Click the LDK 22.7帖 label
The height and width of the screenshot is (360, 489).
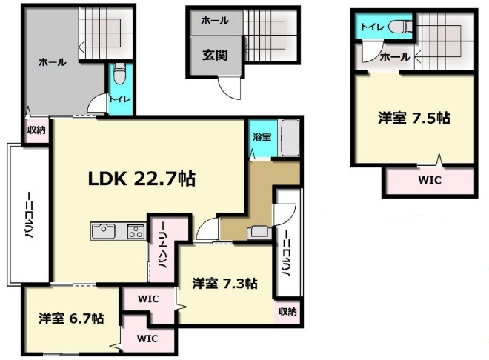pos(142,179)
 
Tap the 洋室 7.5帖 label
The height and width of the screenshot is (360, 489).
pos(414,119)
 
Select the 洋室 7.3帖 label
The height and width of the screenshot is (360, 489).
pos(224,284)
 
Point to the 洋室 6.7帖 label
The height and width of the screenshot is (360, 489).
pos(71,319)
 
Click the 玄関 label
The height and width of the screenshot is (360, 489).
pos(215,55)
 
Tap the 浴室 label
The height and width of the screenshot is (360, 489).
pos(262,136)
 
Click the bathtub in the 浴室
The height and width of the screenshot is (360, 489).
pos(290,138)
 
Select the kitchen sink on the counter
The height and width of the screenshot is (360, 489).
pos(103,231)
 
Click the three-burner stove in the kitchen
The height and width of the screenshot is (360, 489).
pos(136,231)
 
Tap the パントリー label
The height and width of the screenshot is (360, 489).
pos(164,245)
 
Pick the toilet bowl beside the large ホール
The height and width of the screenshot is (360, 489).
pos(119,74)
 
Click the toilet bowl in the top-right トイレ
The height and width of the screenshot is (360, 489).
pos(400,26)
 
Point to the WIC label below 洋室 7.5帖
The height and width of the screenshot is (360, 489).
pos(430,180)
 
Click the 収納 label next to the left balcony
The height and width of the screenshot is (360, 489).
pos(36,130)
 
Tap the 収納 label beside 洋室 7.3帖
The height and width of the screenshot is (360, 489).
pos(287,311)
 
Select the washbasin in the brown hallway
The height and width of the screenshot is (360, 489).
pos(259,233)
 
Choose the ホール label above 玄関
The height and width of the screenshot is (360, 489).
pos(215,21)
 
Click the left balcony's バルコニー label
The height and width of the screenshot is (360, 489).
pos(29,215)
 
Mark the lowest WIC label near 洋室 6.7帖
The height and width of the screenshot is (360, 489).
pos(147,339)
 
